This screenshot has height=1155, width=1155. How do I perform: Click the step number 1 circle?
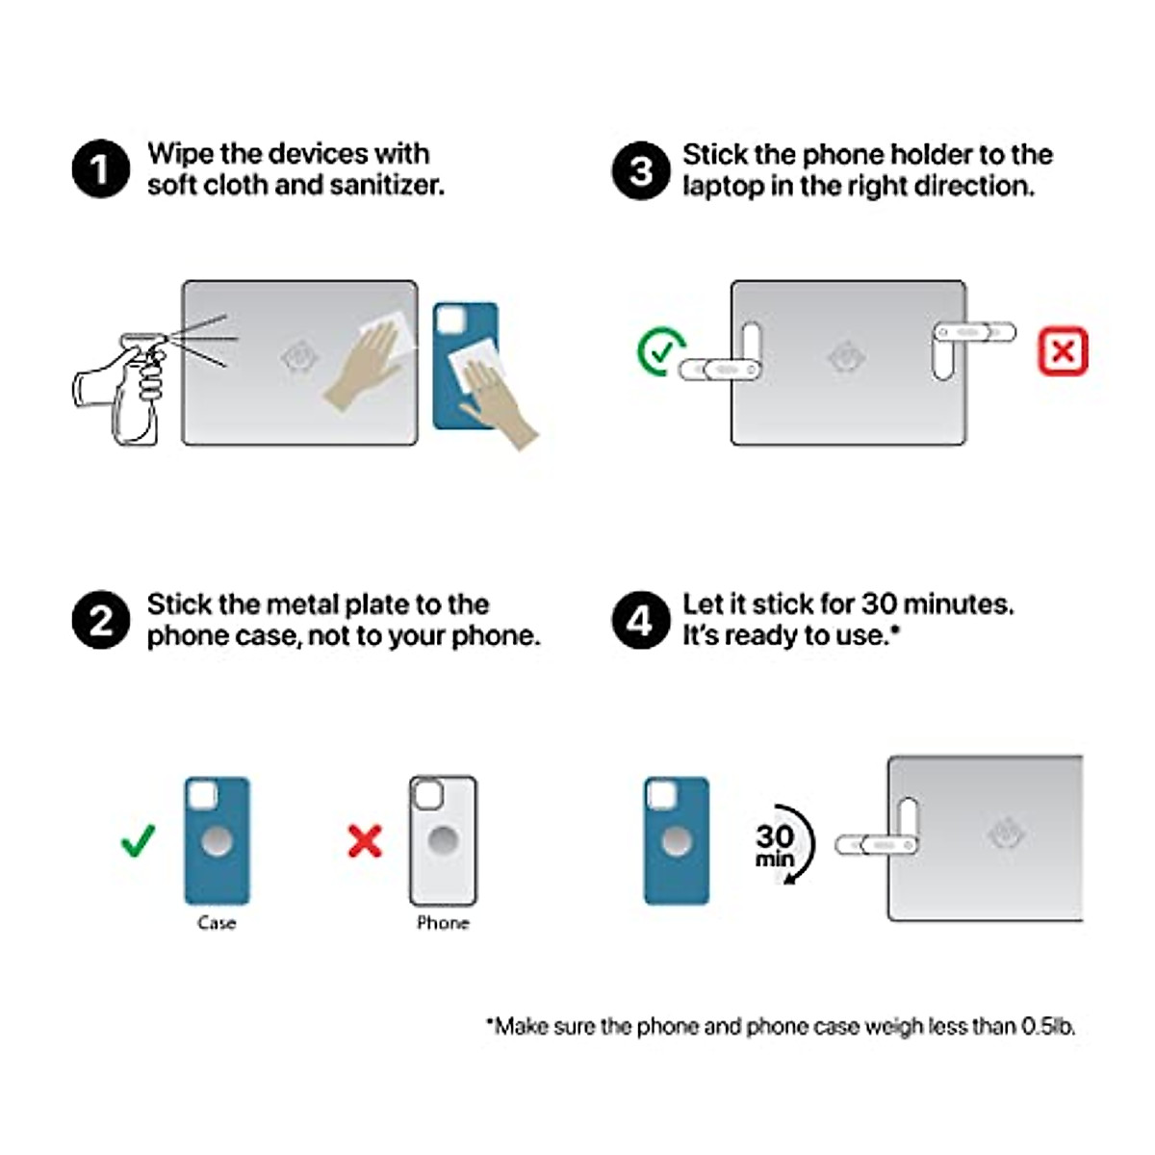(x=101, y=168)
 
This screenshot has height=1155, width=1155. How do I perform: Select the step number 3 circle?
(x=641, y=170)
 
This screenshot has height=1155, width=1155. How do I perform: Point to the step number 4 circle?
(x=641, y=620)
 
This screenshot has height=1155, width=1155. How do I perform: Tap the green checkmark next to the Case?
(x=138, y=840)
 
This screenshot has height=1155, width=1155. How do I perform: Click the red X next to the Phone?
(x=365, y=841)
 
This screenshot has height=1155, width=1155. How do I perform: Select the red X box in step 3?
(x=1063, y=350)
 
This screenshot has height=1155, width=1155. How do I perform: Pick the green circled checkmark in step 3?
(x=661, y=351)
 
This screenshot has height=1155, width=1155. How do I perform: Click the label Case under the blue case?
(x=217, y=922)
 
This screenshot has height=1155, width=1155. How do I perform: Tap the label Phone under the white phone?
(x=443, y=922)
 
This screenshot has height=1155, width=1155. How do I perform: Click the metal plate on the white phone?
(x=444, y=841)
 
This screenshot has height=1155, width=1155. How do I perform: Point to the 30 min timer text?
(x=775, y=844)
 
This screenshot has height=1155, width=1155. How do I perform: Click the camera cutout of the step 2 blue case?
(x=202, y=795)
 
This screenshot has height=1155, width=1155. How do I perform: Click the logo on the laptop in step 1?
(x=299, y=358)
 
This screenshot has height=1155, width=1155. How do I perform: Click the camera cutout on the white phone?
(x=428, y=795)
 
